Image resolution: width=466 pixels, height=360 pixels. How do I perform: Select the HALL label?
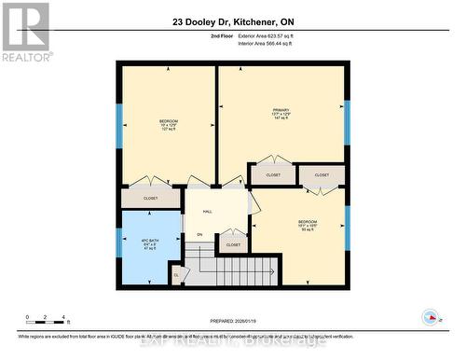207,212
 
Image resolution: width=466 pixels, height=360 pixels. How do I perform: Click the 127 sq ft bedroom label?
168,123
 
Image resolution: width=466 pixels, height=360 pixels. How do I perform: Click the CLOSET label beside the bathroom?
150,198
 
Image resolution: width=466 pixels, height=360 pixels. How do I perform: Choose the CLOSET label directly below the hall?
233,244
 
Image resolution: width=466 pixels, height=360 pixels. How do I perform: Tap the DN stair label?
199,234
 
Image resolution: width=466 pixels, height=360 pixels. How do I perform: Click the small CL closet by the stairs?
177,275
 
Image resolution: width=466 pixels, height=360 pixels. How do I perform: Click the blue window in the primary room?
346,114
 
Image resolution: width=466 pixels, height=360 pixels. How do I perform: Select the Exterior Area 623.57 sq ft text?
272,35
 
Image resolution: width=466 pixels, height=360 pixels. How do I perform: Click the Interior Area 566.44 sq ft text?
272,43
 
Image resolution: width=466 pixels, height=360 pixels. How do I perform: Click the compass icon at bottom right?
431,316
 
